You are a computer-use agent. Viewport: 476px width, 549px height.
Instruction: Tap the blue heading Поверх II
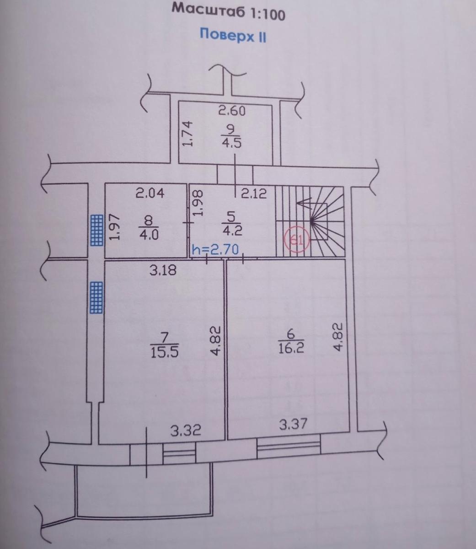(x=233, y=35)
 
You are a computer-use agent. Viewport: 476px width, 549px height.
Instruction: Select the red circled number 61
(x=297, y=239)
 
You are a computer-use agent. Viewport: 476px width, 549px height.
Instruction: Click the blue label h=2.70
(x=215, y=250)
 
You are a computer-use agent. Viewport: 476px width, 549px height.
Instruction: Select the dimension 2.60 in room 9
(x=232, y=111)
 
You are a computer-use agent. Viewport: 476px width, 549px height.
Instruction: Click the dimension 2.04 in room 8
(x=150, y=193)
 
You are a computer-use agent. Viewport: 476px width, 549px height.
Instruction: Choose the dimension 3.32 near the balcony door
(x=186, y=431)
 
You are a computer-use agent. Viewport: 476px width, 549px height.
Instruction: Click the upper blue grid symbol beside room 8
(x=96, y=230)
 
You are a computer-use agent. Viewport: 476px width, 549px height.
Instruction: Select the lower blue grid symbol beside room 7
(x=96, y=297)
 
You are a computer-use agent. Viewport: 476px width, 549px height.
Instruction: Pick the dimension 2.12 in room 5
(x=254, y=194)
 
